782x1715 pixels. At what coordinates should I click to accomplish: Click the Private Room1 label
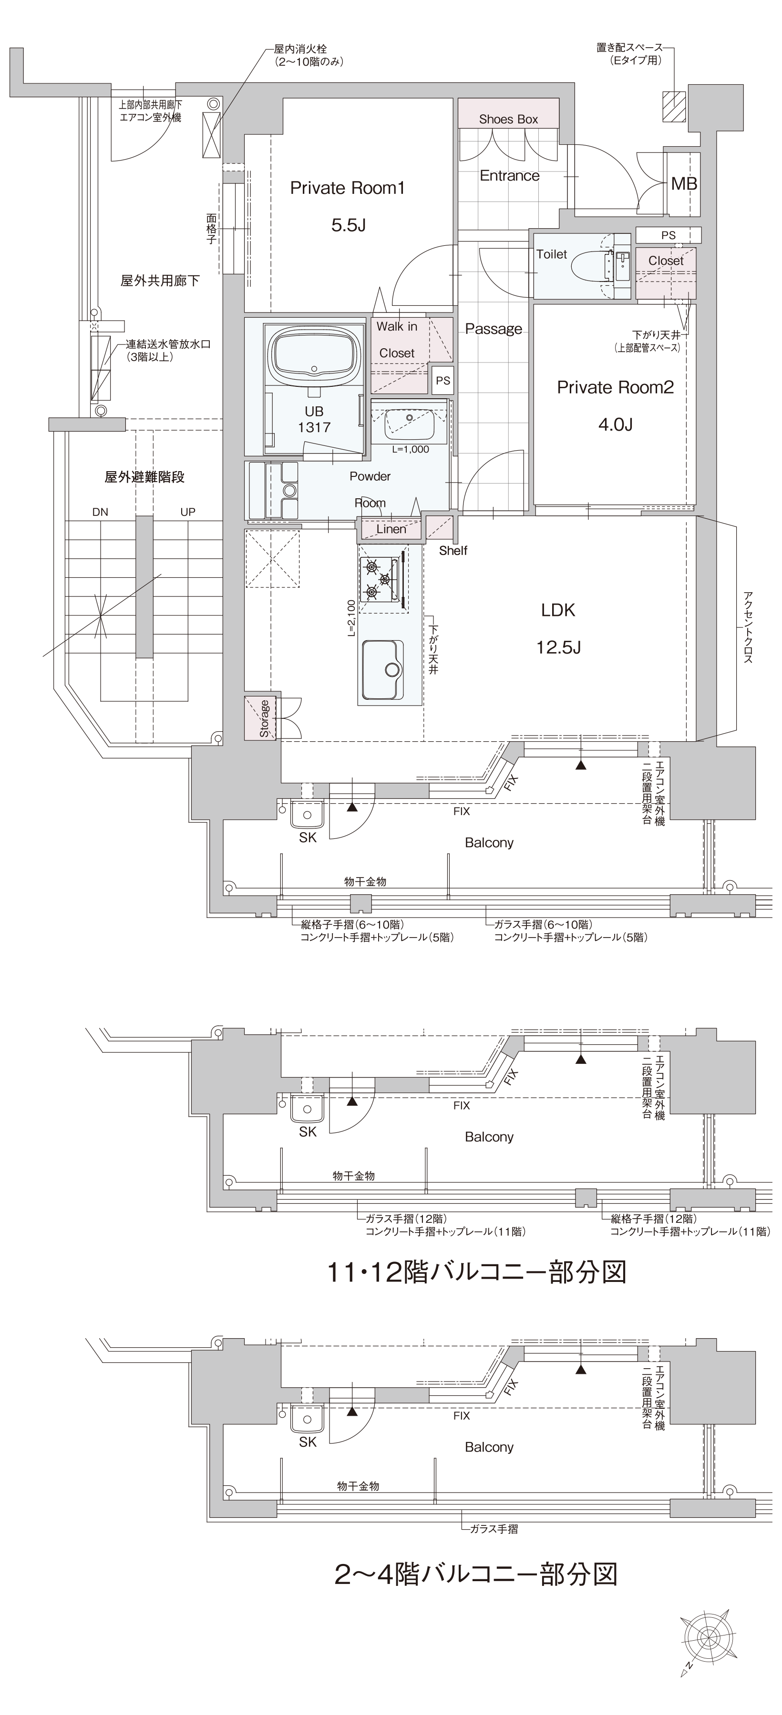tap(347, 188)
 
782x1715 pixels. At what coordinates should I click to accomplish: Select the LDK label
tap(558, 610)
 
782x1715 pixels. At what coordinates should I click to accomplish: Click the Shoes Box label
tap(508, 119)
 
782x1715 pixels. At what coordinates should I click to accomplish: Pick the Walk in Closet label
tap(397, 340)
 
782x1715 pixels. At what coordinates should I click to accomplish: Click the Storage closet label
tap(265, 718)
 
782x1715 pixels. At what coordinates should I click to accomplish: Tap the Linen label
tap(391, 529)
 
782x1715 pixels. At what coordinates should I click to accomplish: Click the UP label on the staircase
tap(188, 512)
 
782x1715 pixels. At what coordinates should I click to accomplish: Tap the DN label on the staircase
tap(100, 512)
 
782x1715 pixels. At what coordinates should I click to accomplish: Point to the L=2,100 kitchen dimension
tap(351, 618)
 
